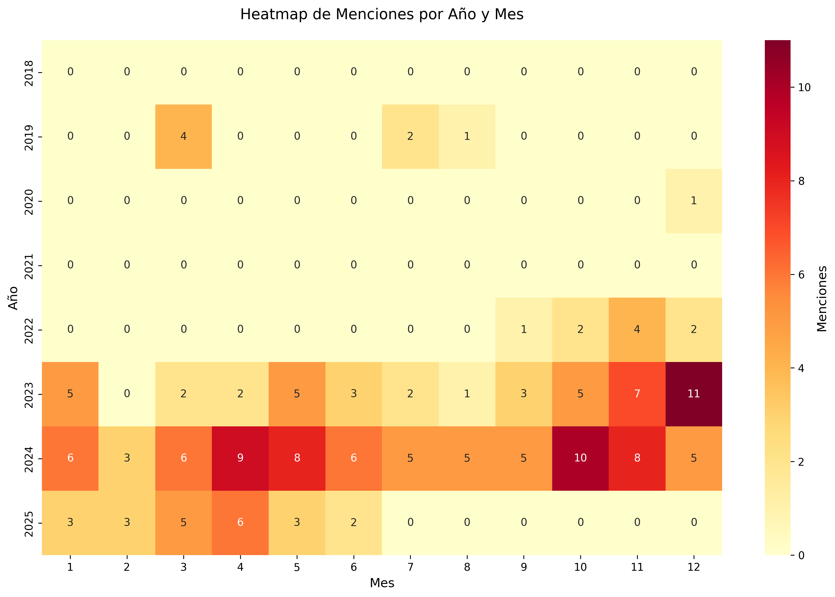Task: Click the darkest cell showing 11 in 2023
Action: (693, 394)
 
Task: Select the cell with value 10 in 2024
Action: (580, 458)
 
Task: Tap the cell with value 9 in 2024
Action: (240, 458)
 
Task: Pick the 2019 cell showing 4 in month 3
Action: (184, 136)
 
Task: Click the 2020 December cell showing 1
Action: (693, 201)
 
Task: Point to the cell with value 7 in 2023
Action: (637, 394)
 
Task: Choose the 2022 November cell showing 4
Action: (637, 329)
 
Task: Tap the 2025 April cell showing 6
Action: (240, 522)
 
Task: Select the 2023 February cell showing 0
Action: (127, 394)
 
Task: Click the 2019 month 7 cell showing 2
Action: (410, 136)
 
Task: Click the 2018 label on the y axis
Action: (29, 73)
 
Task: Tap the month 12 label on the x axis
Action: (693, 567)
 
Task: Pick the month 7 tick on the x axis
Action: (410, 567)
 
